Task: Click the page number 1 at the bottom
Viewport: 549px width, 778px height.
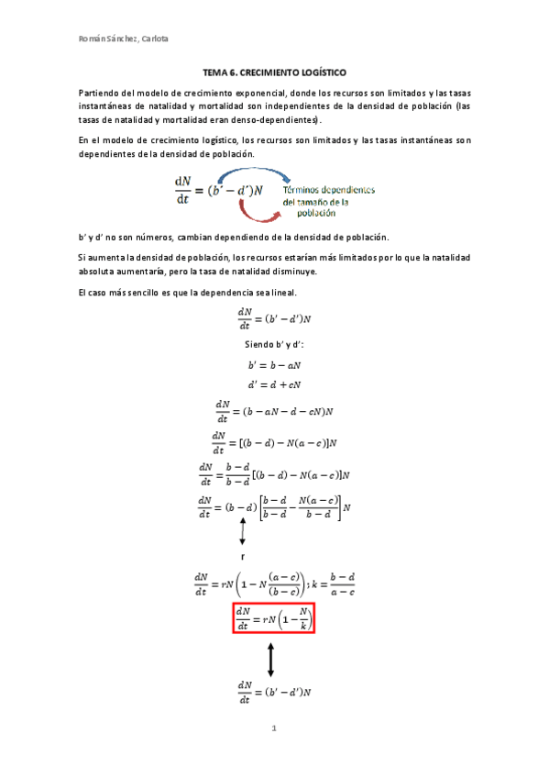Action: pos(273,728)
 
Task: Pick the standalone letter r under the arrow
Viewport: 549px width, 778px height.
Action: pos(242,557)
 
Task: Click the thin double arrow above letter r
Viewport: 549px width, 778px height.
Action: pos(243,530)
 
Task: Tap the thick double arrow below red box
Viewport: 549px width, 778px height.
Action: pos(271,659)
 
